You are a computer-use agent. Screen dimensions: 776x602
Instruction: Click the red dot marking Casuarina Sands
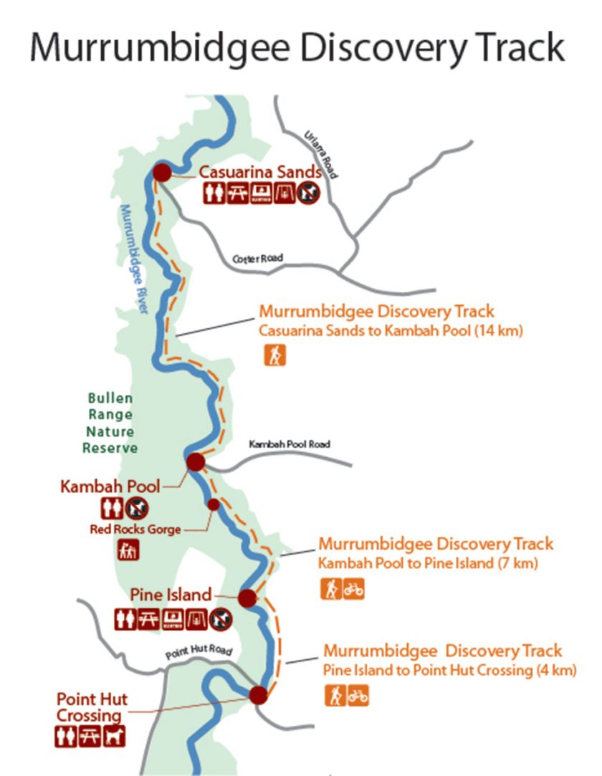pos(163,173)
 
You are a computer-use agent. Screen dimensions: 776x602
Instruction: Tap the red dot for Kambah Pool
pos(196,462)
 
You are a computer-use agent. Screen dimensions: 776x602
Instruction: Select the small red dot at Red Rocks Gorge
pos(214,504)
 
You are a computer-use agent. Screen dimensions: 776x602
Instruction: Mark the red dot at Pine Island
pos(247,598)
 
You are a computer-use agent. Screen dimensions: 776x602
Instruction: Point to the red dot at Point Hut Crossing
pos(258,694)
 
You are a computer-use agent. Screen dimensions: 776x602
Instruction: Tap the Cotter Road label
pos(258,258)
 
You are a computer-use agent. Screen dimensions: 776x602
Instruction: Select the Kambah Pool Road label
pos(290,444)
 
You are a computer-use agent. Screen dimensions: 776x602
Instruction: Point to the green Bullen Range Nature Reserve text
pos(110,423)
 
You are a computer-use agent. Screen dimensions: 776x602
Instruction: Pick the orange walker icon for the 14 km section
pos(274,355)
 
